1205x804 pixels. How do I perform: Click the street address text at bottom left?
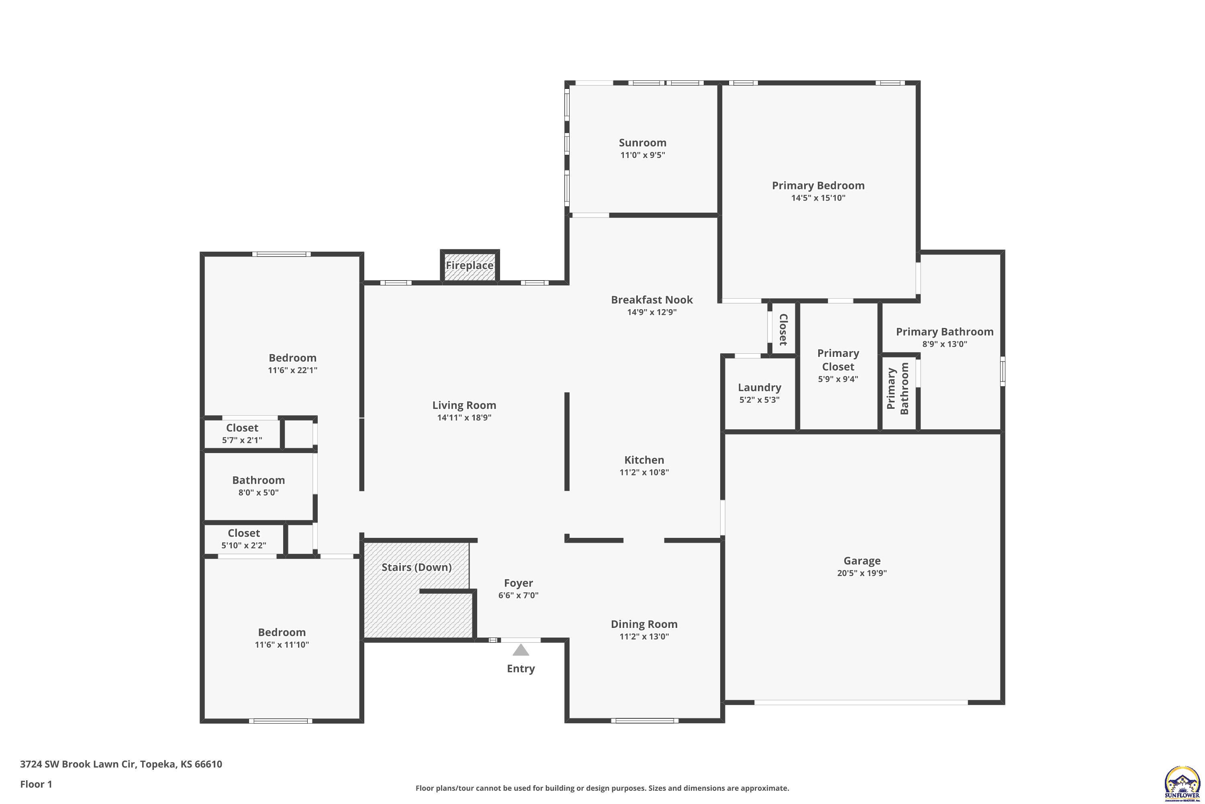click(x=121, y=764)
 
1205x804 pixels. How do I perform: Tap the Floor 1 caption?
click(x=36, y=784)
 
